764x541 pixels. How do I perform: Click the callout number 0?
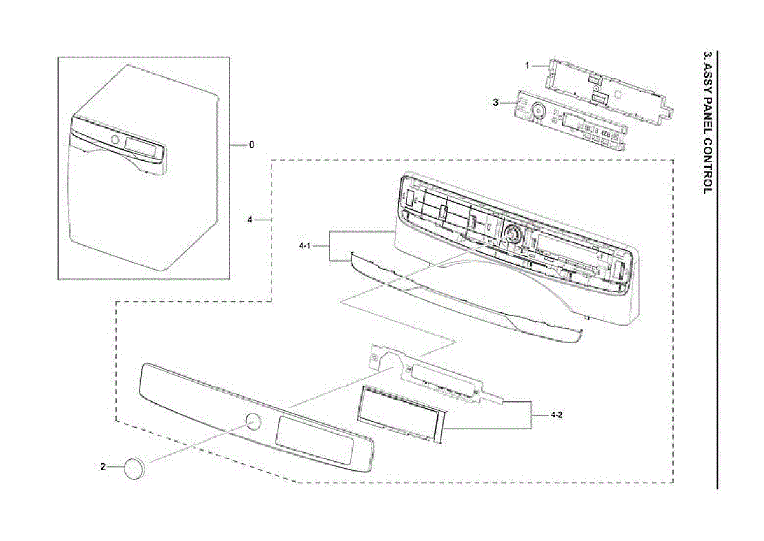[251, 145]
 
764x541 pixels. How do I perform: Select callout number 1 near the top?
[527, 65]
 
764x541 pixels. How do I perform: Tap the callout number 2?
[103, 467]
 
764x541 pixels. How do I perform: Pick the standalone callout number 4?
[250, 220]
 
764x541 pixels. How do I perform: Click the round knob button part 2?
[135, 468]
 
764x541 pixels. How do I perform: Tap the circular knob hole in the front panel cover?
[253, 421]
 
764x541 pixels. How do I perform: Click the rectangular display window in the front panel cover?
[315, 441]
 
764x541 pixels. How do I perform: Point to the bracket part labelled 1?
[605, 89]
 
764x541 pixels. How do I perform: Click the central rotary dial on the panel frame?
[511, 234]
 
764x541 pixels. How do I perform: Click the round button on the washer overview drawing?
[115, 140]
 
